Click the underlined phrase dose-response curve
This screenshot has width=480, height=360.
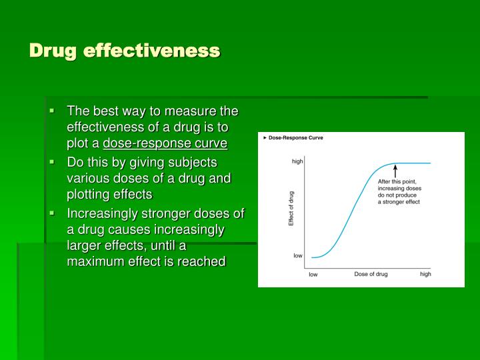click(x=165, y=143)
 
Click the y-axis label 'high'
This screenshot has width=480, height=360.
click(x=297, y=161)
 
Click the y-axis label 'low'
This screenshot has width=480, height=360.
click(x=297, y=255)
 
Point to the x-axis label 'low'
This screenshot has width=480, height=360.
click(x=313, y=275)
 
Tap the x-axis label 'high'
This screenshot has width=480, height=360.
click(x=425, y=275)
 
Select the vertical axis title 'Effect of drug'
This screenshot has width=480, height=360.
click(x=291, y=208)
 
